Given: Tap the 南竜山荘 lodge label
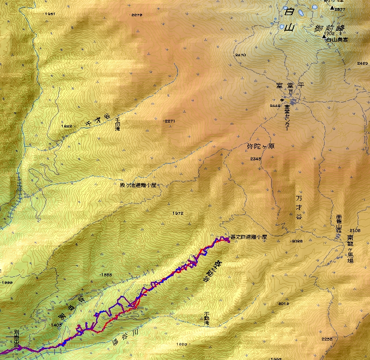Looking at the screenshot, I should (x=339, y=223).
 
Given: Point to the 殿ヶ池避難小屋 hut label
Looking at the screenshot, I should (x=138, y=185).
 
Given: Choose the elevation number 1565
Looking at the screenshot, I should (x=105, y=275).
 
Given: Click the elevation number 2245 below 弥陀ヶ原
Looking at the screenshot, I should (x=255, y=159).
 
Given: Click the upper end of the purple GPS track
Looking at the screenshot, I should (x=228, y=241).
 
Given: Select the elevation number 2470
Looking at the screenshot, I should (x=240, y=55).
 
